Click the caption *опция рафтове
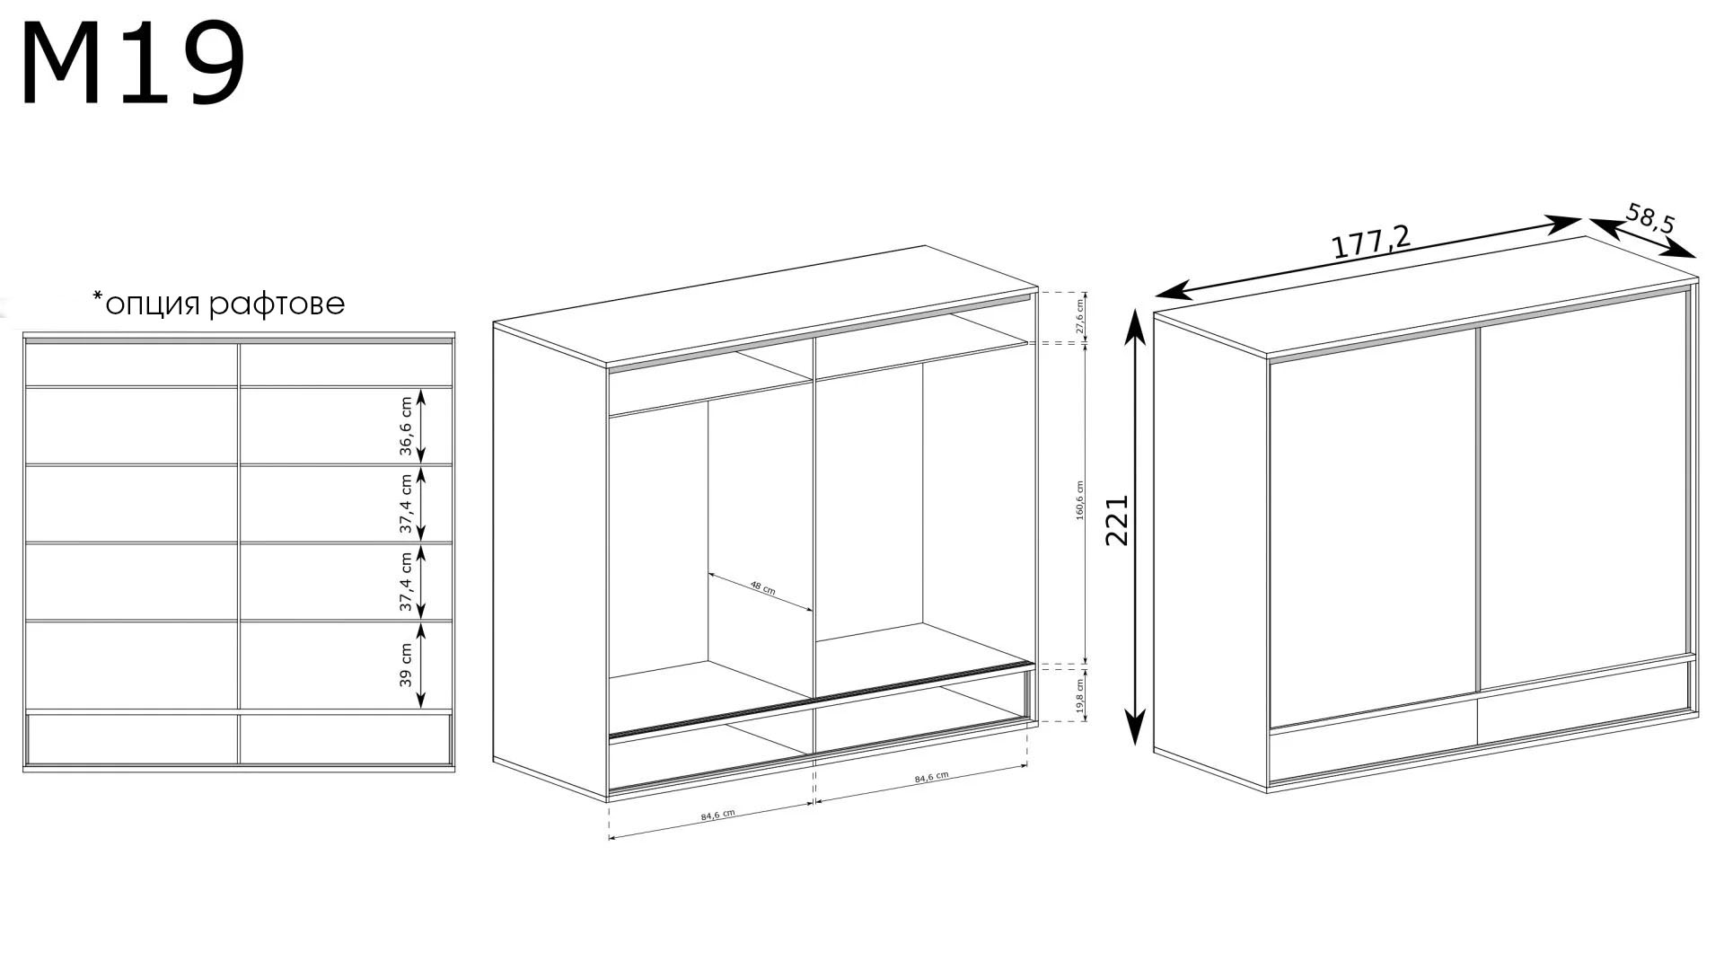pyautogui.click(x=218, y=304)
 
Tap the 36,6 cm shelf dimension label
pyautogui.click(x=406, y=426)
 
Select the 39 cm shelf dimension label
pyautogui.click(x=406, y=665)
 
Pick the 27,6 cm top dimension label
pyautogui.click(x=1080, y=317)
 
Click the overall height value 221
pyautogui.click(x=1116, y=520)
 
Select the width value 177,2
pyautogui.click(x=1371, y=242)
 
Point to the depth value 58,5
pyautogui.click(x=1650, y=220)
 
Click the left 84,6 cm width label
pyautogui.click(x=717, y=815)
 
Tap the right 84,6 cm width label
pyautogui.click(x=931, y=777)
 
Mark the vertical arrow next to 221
pyautogui.click(x=1136, y=526)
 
